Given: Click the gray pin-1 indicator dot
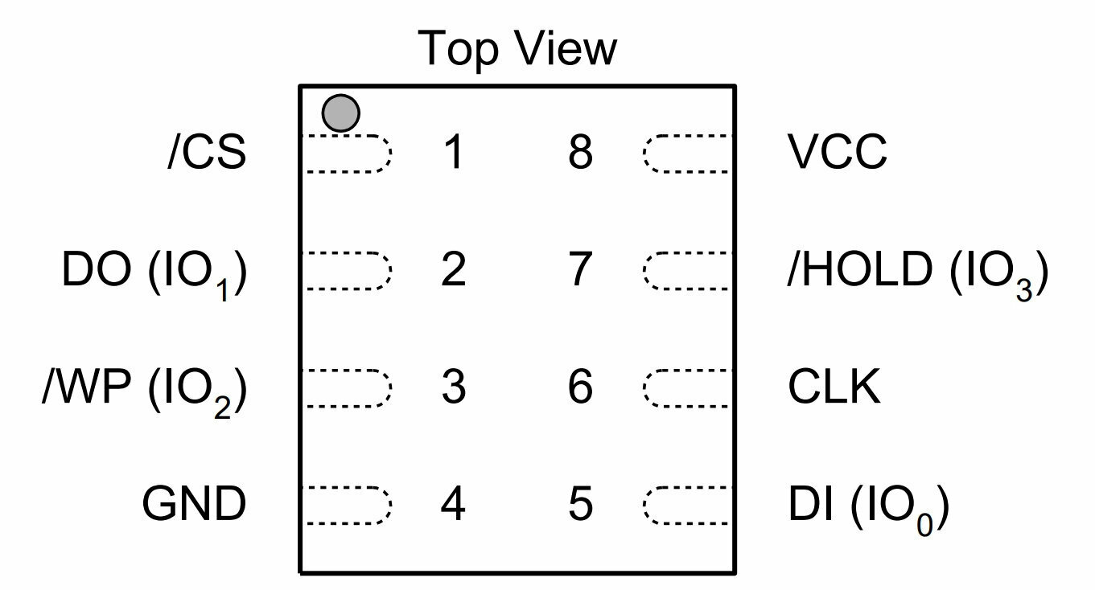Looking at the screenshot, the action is pos(340,113).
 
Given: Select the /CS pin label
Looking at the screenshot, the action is pos(208,152).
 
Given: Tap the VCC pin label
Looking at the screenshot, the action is pos(838,151).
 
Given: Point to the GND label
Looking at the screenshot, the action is pos(194,503).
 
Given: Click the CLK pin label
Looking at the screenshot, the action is pos(834,387).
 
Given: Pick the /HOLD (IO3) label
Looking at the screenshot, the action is pos(918,272).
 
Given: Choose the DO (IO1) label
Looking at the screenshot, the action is pos(154,272).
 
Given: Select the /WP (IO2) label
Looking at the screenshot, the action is pos(145,391).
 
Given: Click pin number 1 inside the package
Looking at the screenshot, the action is pos(454,152).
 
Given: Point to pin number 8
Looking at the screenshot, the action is pos(580,152).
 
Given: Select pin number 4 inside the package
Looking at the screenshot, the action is pos(453,503).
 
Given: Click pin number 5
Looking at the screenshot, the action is pos(581,504).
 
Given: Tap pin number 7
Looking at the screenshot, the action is pos(581,269).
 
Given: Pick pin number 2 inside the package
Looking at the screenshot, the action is pos(453,268).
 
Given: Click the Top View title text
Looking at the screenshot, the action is pos(517,48).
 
